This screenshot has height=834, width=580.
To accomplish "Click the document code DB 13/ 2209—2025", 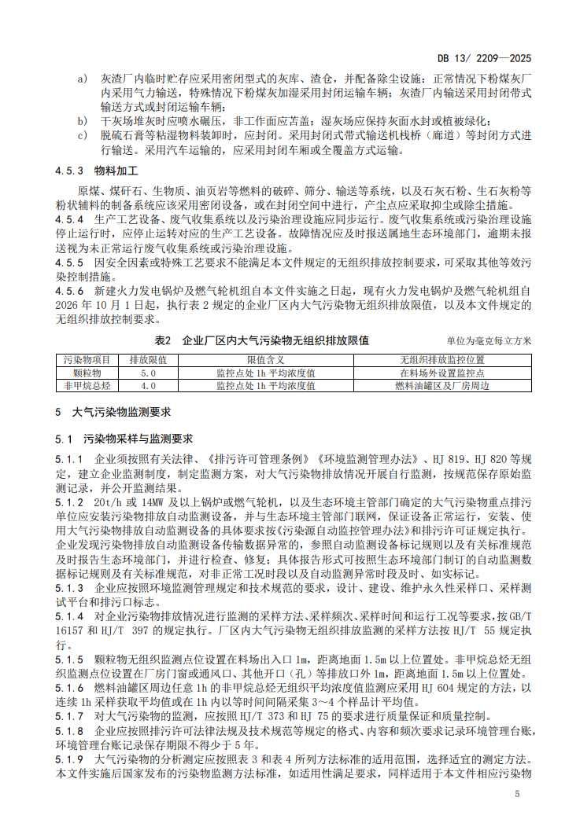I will [x=487, y=57].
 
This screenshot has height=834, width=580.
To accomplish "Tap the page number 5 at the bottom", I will [x=517, y=794].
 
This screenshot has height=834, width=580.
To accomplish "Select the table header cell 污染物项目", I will [x=86, y=359].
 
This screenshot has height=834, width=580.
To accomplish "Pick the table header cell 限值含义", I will [x=265, y=359].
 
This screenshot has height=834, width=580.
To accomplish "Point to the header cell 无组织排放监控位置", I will [x=441, y=359].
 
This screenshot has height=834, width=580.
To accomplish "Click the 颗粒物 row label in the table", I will [x=86, y=373].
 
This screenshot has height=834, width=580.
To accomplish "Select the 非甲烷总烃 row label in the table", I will [x=86, y=386].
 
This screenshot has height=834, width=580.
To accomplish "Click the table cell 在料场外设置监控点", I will [x=441, y=373].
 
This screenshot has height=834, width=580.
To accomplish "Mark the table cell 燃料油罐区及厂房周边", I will [x=441, y=386].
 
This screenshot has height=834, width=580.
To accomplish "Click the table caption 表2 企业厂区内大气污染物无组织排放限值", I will [x=262, y=340].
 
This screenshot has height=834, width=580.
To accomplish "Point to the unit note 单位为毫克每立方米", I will [x=489, y=341].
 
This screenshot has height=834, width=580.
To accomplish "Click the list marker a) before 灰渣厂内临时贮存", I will [x=82, y=79].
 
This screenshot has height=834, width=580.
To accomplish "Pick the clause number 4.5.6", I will [x=69, y=291].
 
